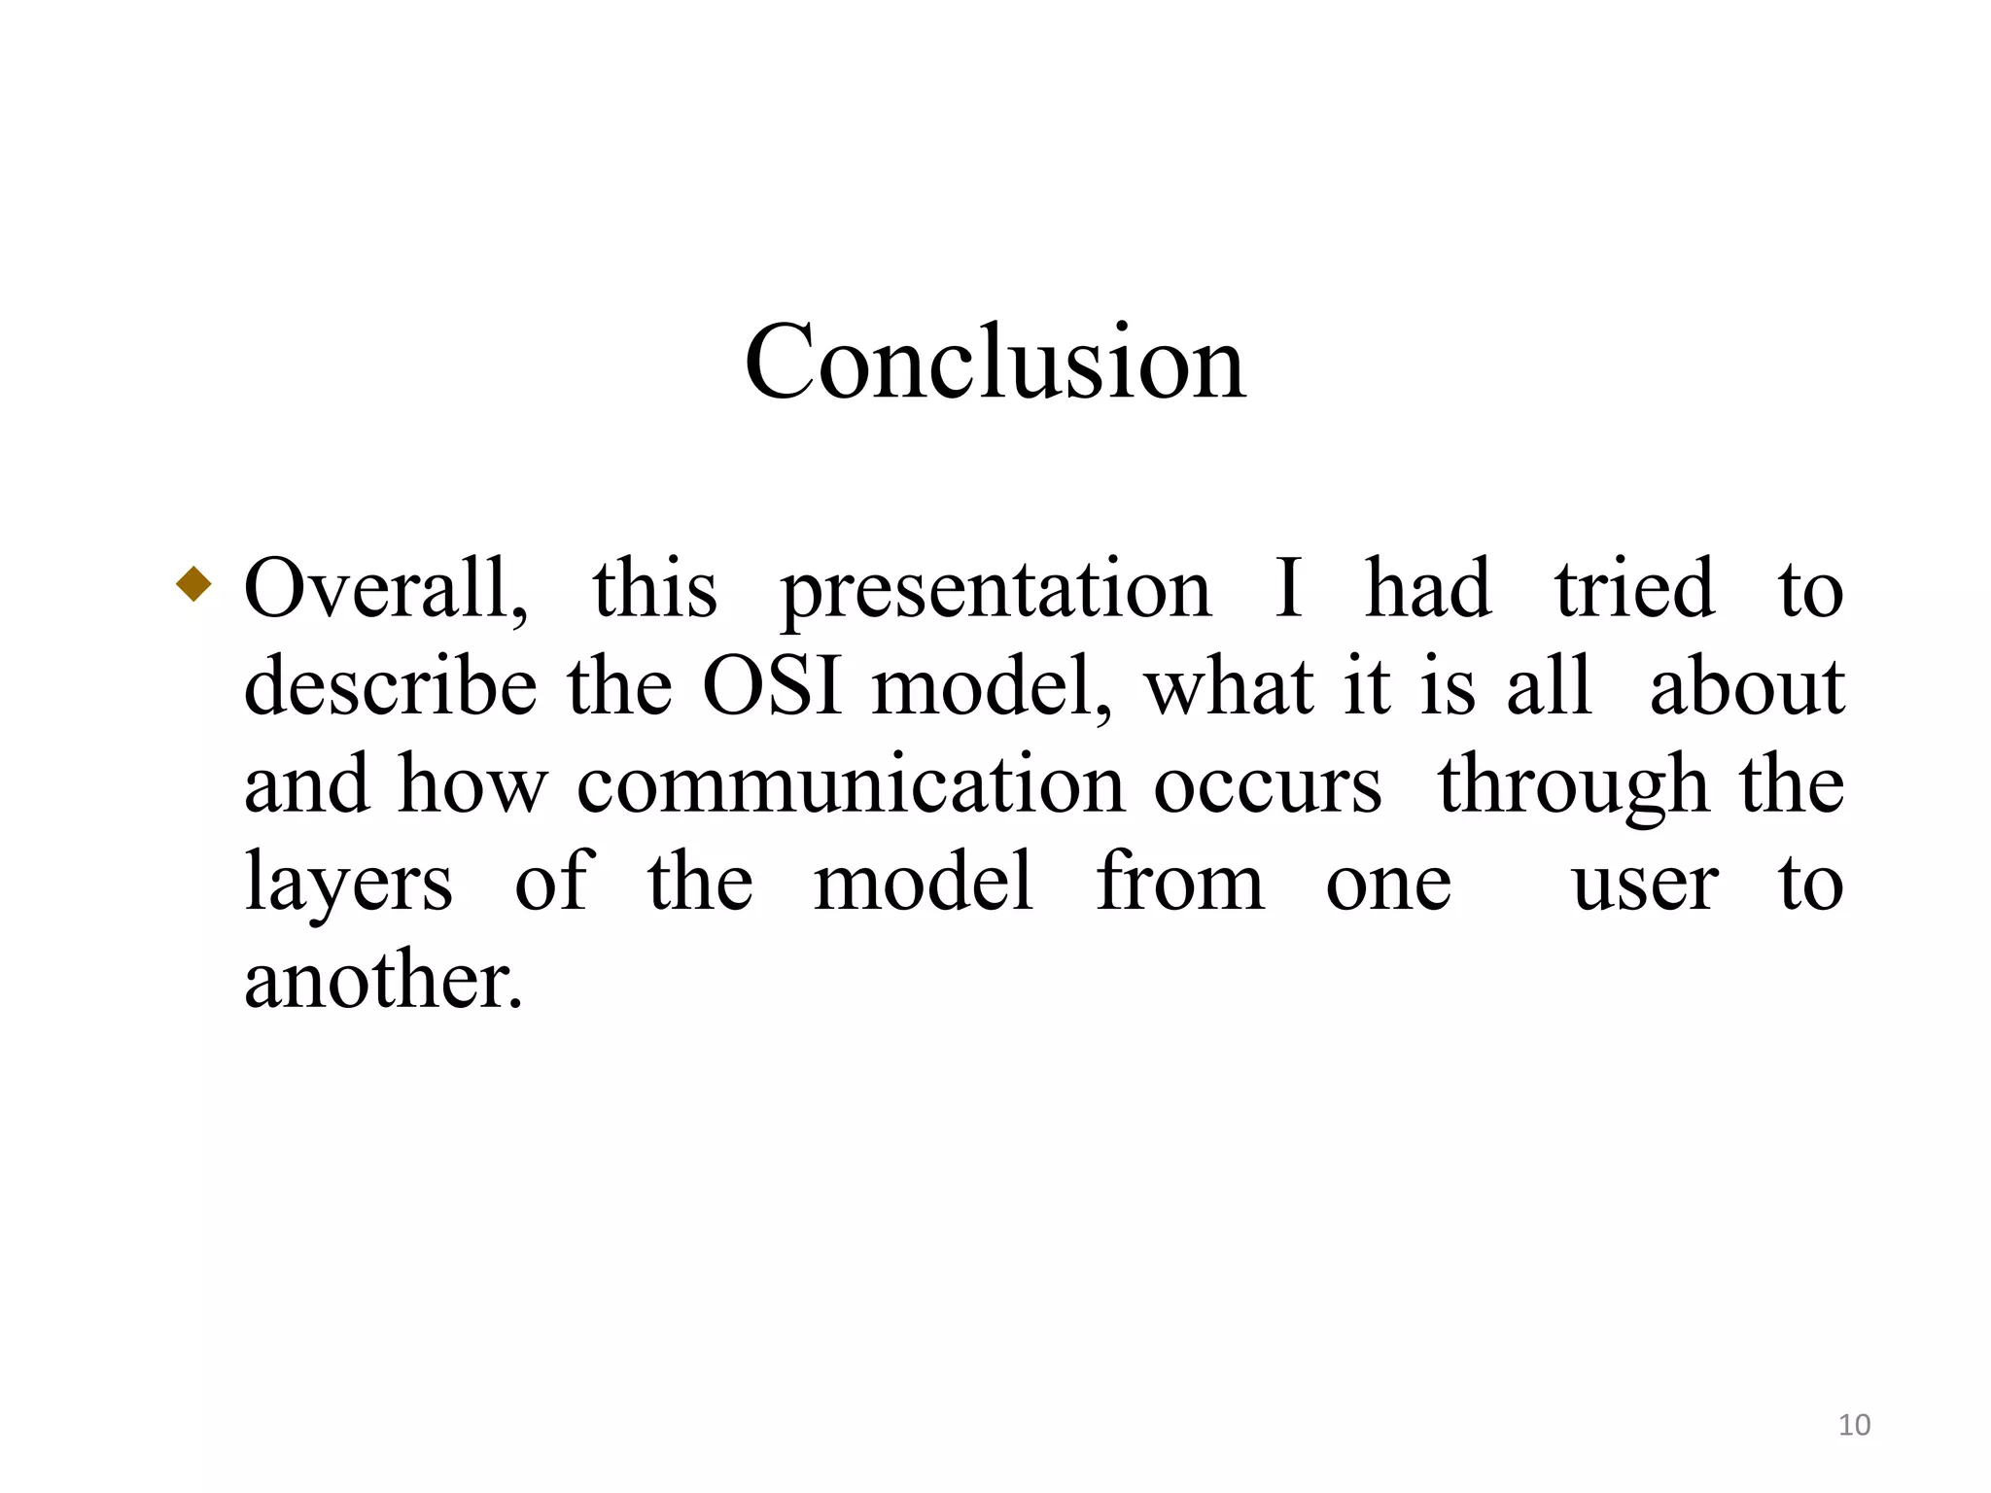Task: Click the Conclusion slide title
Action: (995, 362)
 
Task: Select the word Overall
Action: (385, 589)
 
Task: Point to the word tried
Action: (1633, 589)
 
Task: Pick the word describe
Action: (390, 686)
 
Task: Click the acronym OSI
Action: (771, 686)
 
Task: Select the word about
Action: (1747, 686)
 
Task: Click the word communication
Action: (850, 785)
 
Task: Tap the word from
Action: (1179, 882)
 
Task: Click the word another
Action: (383, 980)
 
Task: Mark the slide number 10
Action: (1854, 1425)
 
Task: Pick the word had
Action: (1427, 589)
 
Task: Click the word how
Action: (472, 785)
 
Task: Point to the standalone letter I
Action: (1288, 589)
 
